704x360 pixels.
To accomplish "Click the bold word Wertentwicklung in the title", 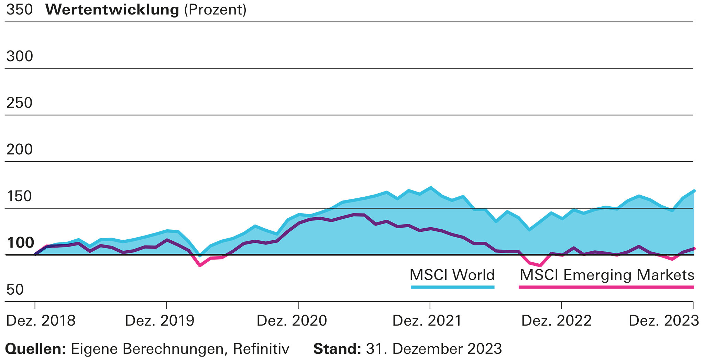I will click(112, 10).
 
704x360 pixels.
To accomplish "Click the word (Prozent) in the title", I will click(215, 10).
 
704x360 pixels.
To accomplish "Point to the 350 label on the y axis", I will click(20, 10).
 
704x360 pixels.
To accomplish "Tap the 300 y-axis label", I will click(20, 56).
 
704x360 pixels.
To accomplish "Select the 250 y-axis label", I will click(20, 103).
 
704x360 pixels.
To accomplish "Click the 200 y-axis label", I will click(20, 150).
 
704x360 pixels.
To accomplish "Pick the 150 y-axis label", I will click(20, 196).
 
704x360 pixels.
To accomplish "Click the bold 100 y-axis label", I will click(20, 243).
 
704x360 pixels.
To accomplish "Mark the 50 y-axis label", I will click(15, 290).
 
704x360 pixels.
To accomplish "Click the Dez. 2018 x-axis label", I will click(41, 321).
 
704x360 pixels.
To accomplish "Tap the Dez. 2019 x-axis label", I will click(159, 321).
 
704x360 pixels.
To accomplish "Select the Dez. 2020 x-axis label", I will click(292, 321).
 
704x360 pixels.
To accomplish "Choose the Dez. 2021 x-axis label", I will click(427, 321).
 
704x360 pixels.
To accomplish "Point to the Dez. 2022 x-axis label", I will click(556, 321).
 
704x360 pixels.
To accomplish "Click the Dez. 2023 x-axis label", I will click(663, 321).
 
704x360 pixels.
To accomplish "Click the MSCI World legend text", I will click(452, 275).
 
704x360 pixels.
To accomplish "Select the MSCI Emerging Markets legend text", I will click(607, 275).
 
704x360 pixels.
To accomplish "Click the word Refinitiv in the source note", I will click(261, 349).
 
